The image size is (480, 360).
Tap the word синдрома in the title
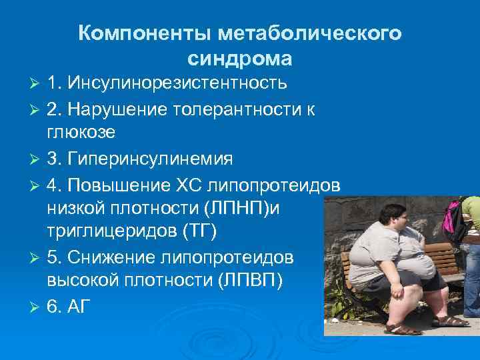240,59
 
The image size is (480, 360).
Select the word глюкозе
81,132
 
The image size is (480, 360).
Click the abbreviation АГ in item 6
79,305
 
